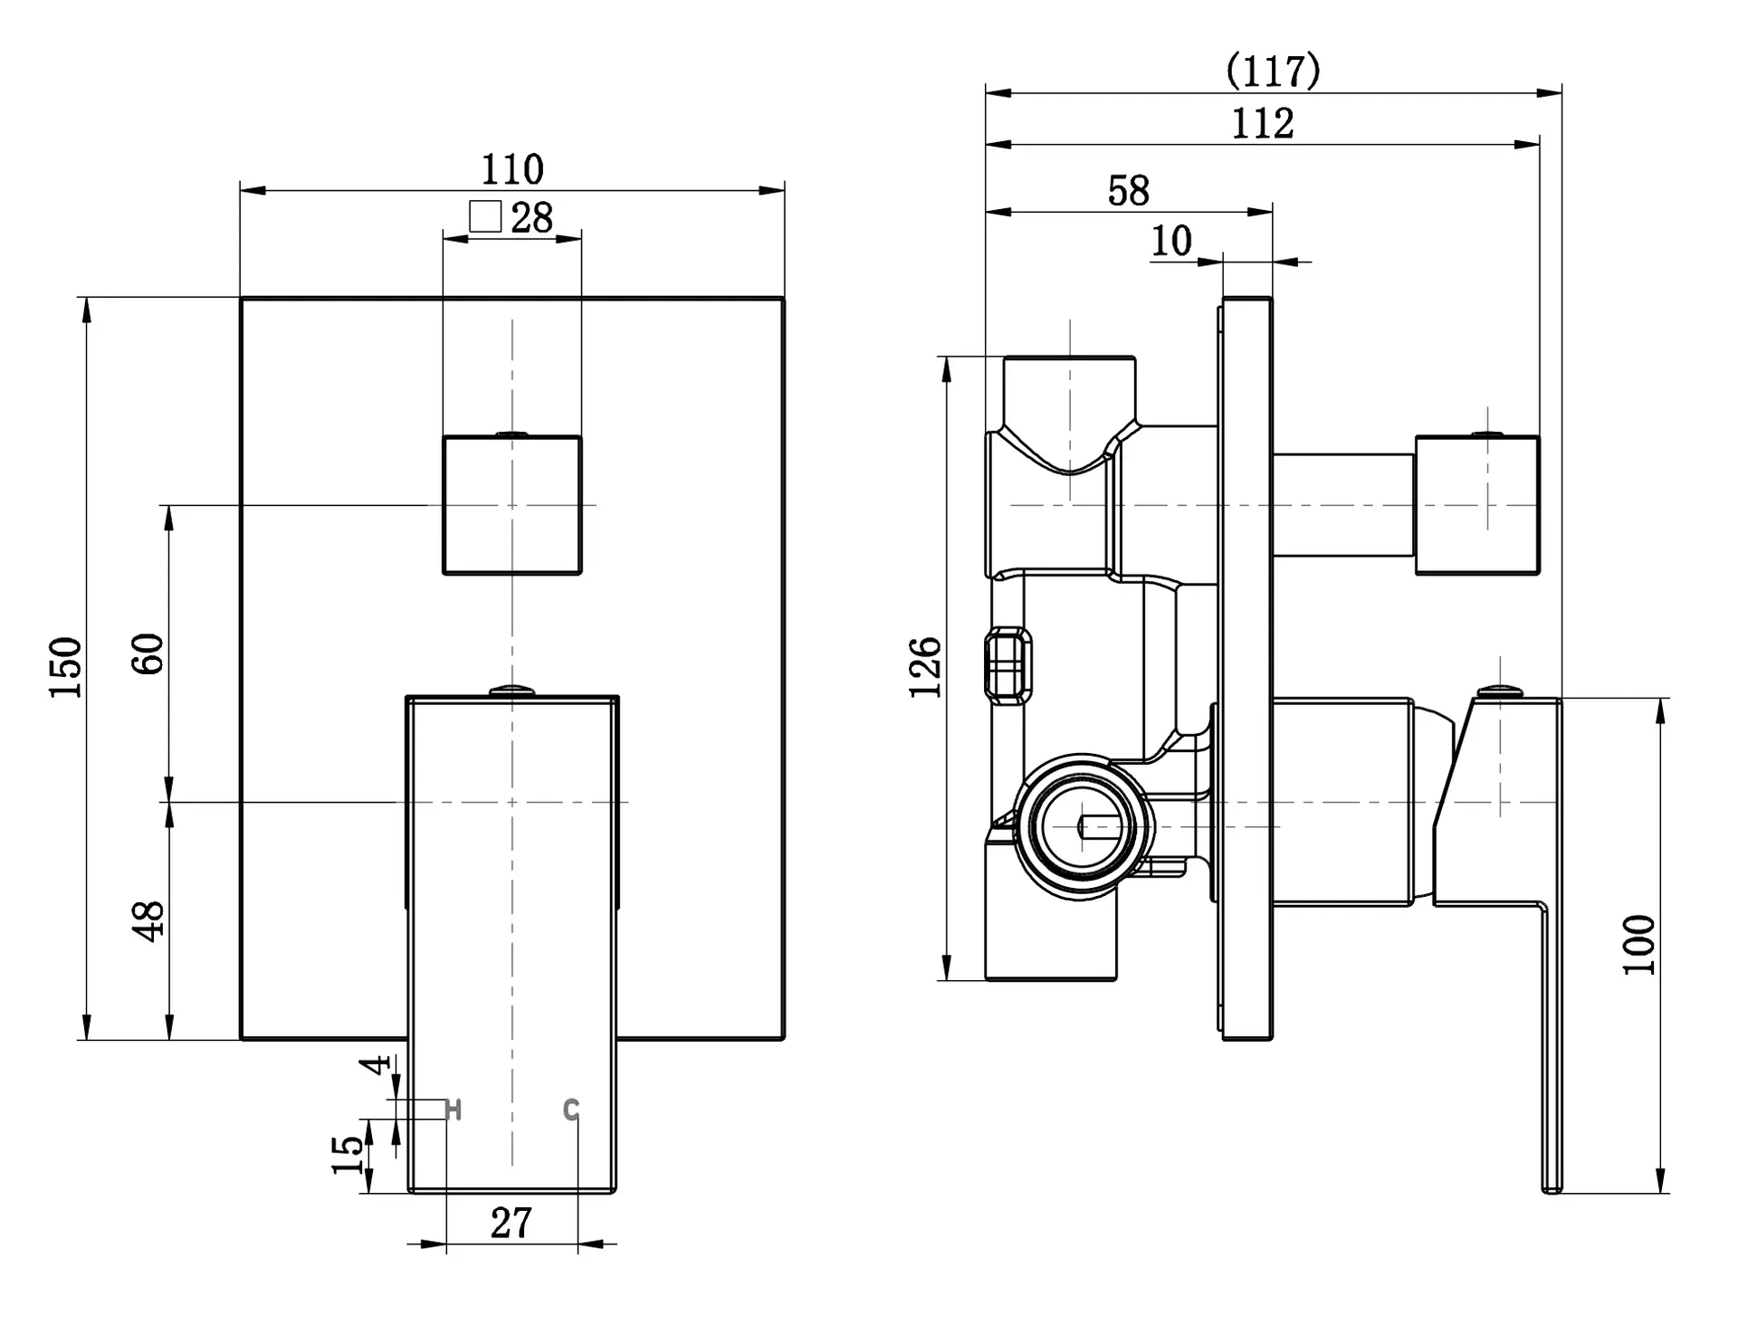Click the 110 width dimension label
(512, 169)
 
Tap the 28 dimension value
(532, 218)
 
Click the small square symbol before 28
(485, 216)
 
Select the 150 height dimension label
(66, 668)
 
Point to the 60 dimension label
(148, 653)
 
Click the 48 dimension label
(148, 921)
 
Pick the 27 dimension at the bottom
(511, 1224)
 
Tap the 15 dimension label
(348, 1155)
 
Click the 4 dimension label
(376, 1064)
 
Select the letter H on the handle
(454, 1110)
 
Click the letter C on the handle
(570, 1110)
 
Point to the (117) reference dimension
(1274, 71)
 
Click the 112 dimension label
(1263, 123)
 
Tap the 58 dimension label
(1129, 191)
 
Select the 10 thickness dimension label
(1171, 241)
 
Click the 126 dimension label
(925, 668)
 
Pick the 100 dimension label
(1639, 945)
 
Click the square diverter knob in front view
(512, 505)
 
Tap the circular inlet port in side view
(1083, 827)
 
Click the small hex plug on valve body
(1007, 665)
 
